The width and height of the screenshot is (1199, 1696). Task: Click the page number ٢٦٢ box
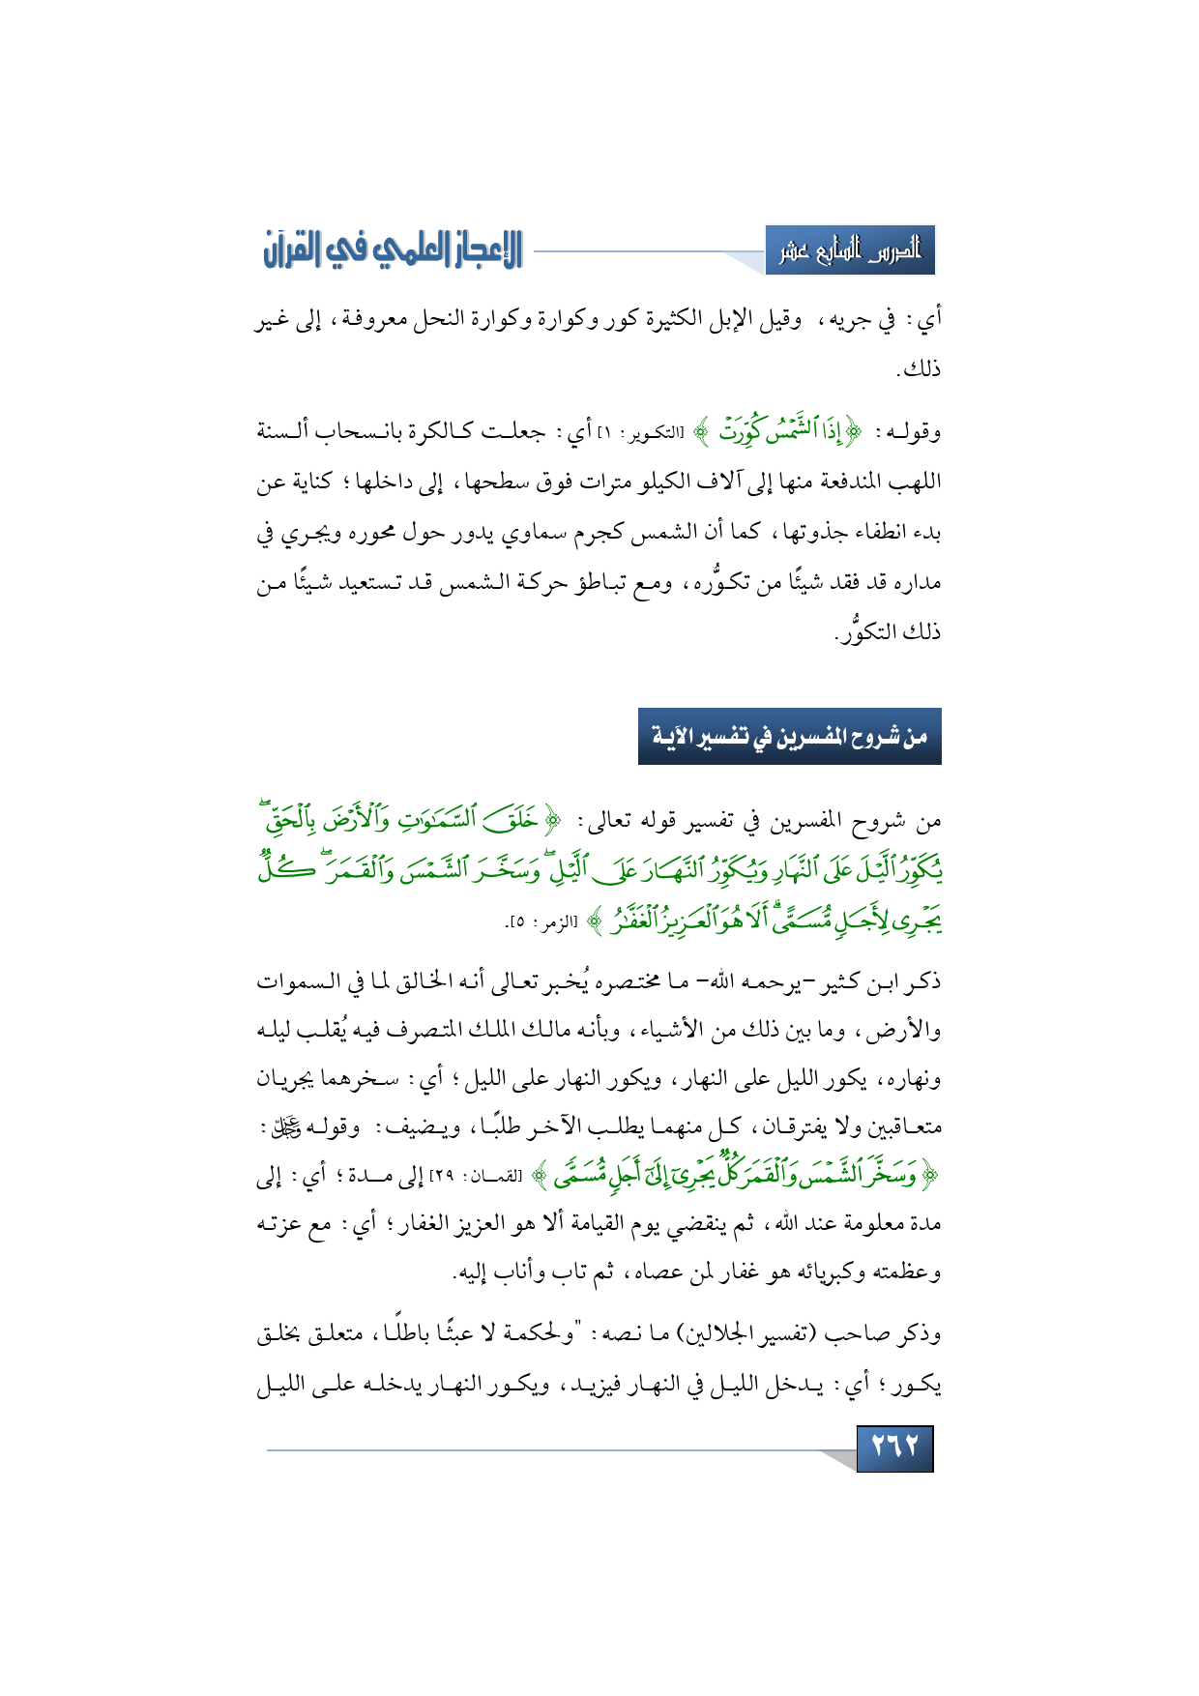tap(894, 1447)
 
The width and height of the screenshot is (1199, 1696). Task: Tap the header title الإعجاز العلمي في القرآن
tap(393, 249)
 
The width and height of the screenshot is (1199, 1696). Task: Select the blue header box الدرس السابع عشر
tap(850, 250)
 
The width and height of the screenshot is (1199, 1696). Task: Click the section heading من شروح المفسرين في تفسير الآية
tap(789, 737)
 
